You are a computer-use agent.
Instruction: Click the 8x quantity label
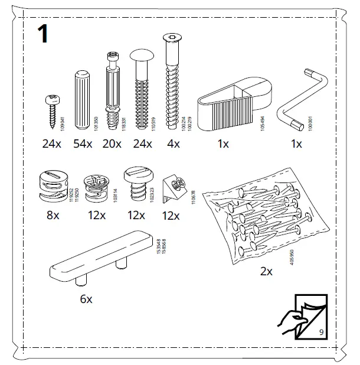pos(53,216)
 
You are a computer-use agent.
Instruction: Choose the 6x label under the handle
pos(86,299)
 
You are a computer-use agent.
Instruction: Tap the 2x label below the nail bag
pos(266,272)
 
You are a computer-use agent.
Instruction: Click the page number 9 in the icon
pos(320,331)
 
